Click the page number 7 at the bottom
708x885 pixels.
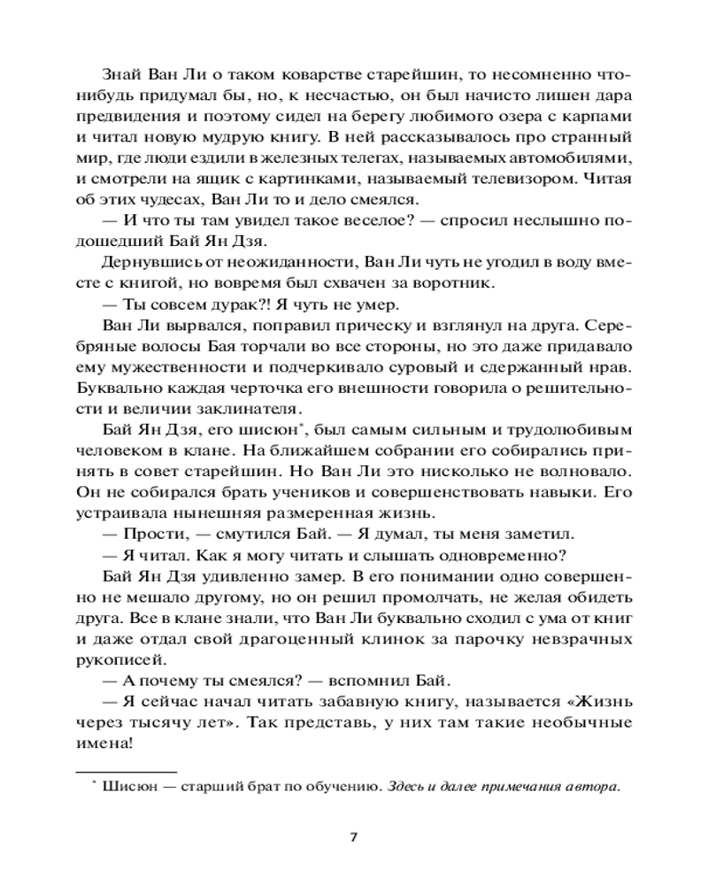(354, 836)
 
